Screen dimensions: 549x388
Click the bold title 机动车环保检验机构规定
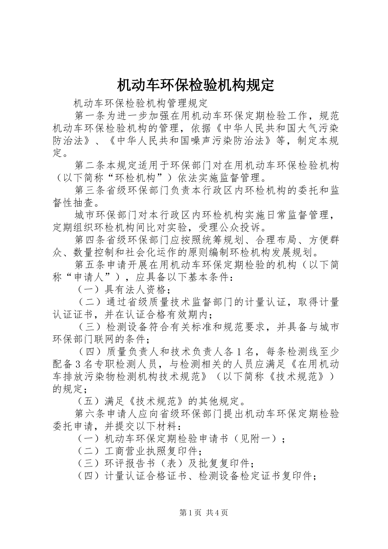click(x=194, y=85)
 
